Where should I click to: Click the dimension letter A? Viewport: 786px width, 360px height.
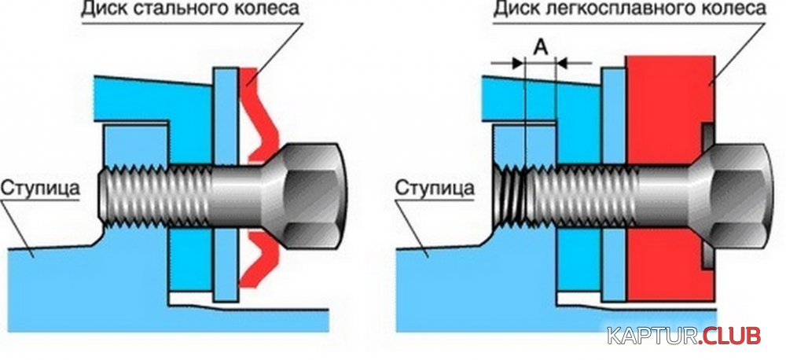point(539,48)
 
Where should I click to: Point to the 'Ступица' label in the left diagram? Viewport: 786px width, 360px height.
point(39,189)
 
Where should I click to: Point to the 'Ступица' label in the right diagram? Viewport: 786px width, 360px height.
point(434,189)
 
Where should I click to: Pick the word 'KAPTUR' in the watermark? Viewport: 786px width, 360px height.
point(651,336)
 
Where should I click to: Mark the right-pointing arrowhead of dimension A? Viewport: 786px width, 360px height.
point(517,63)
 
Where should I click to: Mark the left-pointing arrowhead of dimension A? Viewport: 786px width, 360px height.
point(562,63)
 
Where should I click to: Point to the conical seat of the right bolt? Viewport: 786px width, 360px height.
point(700,196)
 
